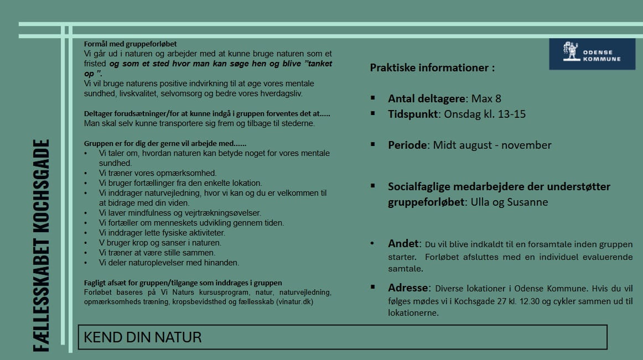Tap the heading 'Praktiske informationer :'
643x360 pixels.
(x=432, y=68)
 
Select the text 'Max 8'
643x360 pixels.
(x=486, y=98)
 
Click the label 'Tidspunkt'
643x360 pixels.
(x=412, y=114)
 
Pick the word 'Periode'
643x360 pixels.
(x=408, y=145)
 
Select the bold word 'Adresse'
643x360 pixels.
(x=408, y=288)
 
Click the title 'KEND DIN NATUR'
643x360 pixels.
(x=143, y=337)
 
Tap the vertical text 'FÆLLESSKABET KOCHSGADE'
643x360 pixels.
(x=40, y=245)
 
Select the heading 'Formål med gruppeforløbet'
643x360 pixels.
(x=131, y=44)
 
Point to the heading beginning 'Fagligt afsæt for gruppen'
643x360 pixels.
(x=183, y=283)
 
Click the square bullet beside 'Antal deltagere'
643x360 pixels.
(x=374, y=98)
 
